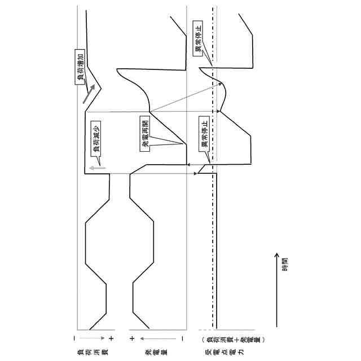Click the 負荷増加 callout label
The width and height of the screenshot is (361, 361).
tap(80, 69)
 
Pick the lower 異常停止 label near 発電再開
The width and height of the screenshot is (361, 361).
tap(204, 133)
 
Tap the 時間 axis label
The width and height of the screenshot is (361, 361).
tap(285, 264)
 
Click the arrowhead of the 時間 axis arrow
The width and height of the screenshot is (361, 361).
tap(276, 256)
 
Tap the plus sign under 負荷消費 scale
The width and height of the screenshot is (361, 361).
tap(111, 338)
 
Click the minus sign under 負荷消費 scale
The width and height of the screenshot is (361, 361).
tap(74, 338)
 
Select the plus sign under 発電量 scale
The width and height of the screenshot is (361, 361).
tap(131, 338)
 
